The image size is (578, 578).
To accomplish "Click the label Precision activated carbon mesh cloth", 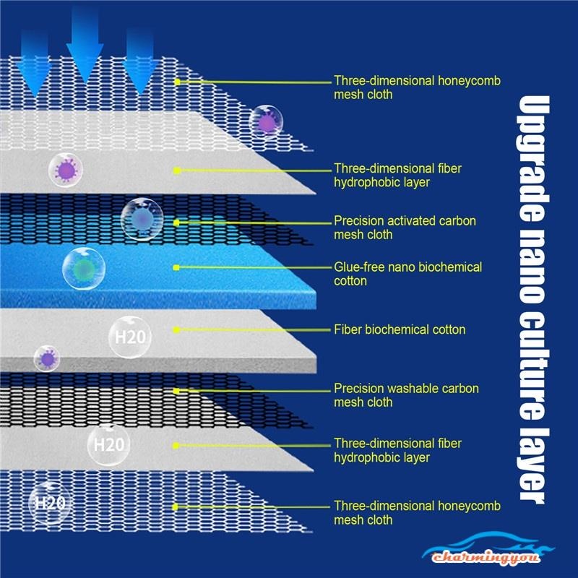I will [405, 228].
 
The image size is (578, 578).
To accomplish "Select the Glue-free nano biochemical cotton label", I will [407, 274].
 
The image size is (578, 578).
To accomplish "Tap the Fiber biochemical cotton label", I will [400, 330].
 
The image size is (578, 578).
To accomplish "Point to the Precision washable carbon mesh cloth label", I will [406, 395].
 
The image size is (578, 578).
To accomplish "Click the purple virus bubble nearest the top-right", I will [267, 122].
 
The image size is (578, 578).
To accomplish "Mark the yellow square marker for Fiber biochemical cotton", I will [176, 330].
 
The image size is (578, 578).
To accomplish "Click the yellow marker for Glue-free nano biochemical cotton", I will [176, 267].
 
